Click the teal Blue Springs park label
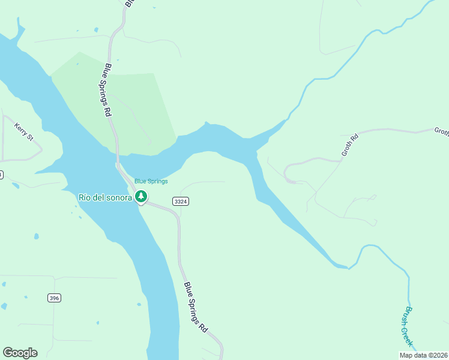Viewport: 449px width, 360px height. tap(151, 181)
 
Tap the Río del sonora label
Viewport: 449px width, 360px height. tap(104, 197)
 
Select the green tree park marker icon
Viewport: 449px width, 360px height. tap(141, 196)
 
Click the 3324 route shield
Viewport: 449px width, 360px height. tap(181, 202)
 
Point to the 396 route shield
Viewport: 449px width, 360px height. tap(54, 298)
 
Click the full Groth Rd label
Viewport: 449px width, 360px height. tap(349, 145)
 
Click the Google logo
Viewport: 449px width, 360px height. tap(20, 353)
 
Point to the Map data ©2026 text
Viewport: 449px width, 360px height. tap(423, 355)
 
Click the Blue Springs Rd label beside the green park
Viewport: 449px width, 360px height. tap(109, 90)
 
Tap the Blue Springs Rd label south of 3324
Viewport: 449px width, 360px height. tap(196, 307)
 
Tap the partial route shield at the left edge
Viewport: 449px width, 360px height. tap(1, 175)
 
